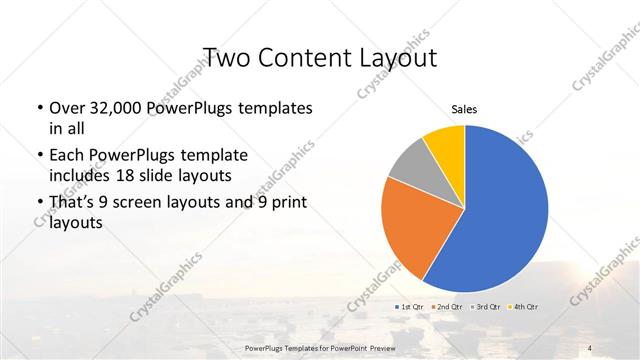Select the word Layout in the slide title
[396, 56]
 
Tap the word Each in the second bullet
[66, 155]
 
